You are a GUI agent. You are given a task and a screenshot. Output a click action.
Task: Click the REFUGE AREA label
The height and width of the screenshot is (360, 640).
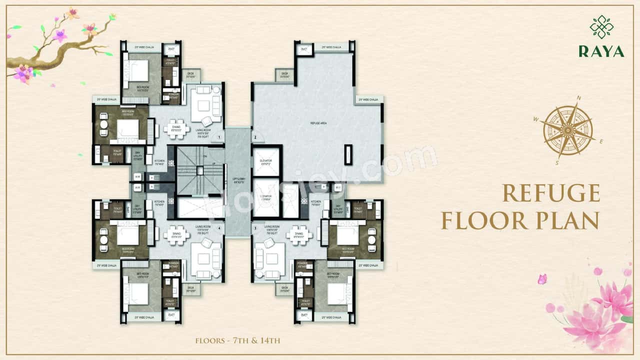(318, 122)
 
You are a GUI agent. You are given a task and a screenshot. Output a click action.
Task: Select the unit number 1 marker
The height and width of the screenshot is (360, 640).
(219, 136)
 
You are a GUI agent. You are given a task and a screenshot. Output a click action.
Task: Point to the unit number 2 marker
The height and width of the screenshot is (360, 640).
(254, 137)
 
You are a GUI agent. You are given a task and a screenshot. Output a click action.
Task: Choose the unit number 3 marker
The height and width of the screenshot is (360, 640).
(255, 228)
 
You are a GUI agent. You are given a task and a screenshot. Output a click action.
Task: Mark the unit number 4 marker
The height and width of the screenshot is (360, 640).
(219, 229)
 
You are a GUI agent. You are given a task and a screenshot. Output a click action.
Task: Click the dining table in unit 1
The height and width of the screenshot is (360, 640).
(176, 128)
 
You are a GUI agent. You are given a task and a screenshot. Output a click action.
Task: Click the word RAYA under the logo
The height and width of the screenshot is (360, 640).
(601, 51)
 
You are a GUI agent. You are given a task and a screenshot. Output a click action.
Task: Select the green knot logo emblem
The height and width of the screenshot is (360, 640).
(601, 27)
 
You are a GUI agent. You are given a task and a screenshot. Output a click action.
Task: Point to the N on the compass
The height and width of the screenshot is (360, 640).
(579, 98)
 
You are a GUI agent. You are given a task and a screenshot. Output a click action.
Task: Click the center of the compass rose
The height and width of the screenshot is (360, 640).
(568, 130)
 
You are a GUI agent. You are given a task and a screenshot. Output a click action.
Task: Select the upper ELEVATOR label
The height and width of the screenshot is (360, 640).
(265, 161)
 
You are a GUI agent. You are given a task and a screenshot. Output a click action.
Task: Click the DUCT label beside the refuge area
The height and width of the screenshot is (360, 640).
(303, 49)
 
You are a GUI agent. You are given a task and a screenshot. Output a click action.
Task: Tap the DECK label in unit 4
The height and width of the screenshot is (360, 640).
(190, 288)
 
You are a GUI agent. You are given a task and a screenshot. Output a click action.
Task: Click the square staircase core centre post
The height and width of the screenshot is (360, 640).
(199, 170)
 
